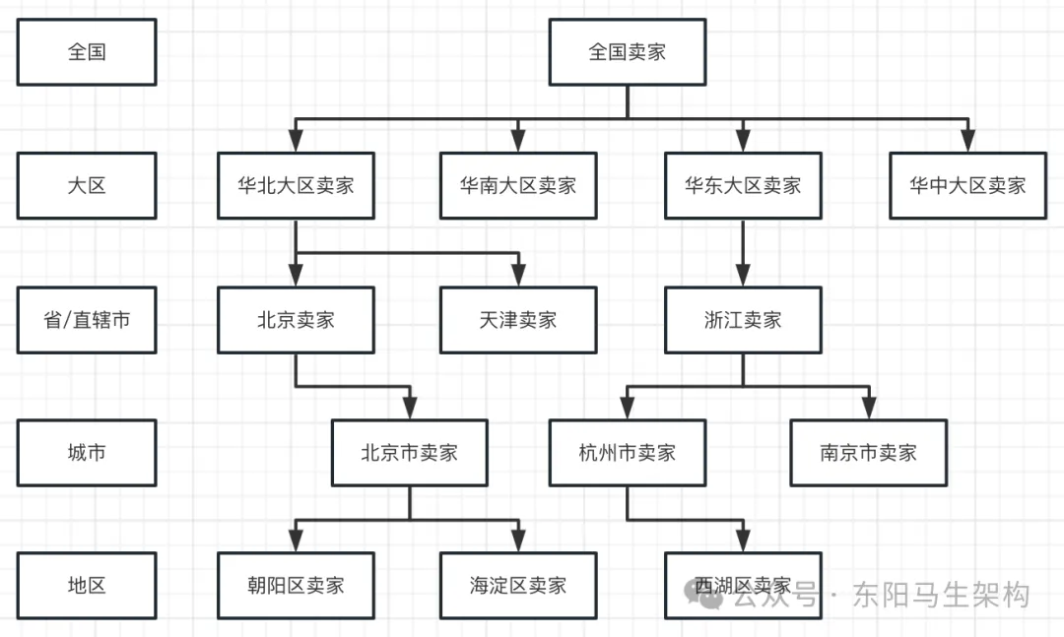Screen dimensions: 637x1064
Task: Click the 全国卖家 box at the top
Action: coord(628,52)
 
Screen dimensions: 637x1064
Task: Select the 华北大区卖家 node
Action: coord(296,185)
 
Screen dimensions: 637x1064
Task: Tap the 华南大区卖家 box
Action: coord(518,185)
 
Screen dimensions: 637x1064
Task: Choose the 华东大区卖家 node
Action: coord(743,185)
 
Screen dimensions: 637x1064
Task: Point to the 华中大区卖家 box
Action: coord(967,185)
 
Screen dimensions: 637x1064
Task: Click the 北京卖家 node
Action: coord(296,320)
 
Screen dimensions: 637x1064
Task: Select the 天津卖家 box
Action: coord(518,320)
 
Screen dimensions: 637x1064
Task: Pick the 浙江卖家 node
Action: coord(743,320)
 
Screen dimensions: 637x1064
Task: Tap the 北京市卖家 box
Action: coord(410,453)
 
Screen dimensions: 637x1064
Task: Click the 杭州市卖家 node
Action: coord(628,453)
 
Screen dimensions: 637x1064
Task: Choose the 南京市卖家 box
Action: coord(868,453)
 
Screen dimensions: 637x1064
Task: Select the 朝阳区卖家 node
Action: coord(296,586)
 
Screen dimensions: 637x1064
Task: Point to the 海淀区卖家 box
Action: coord(518,586)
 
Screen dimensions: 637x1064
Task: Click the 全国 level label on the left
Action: coord(87,52)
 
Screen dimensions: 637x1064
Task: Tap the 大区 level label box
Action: coord(87,185)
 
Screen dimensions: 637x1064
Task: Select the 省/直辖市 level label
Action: coord(87,320)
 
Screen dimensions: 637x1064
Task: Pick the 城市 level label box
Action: coord(87,453)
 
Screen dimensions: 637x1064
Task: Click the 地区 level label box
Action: coord(87,586)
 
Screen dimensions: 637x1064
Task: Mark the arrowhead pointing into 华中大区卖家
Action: coord(967,141)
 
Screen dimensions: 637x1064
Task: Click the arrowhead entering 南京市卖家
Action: coord(868,409)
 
